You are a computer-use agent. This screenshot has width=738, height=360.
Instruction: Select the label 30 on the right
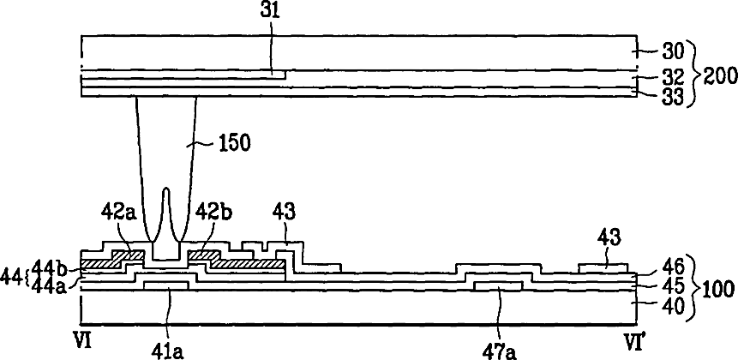665,51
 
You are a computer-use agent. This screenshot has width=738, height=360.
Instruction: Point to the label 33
665,95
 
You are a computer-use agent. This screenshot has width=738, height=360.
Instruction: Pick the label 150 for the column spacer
234,143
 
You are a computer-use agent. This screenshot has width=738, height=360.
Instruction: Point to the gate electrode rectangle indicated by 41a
172,285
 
